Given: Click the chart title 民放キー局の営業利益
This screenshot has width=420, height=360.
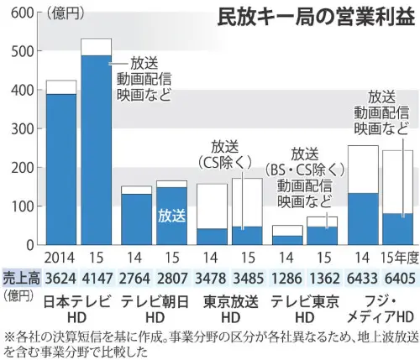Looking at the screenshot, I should coord(316,18).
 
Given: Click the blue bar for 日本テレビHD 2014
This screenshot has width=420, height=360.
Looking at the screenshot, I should coord(61,169).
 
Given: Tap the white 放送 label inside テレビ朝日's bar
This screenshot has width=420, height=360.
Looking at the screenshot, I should coord(171,215).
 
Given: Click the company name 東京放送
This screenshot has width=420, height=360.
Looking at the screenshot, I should coord(226,300).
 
